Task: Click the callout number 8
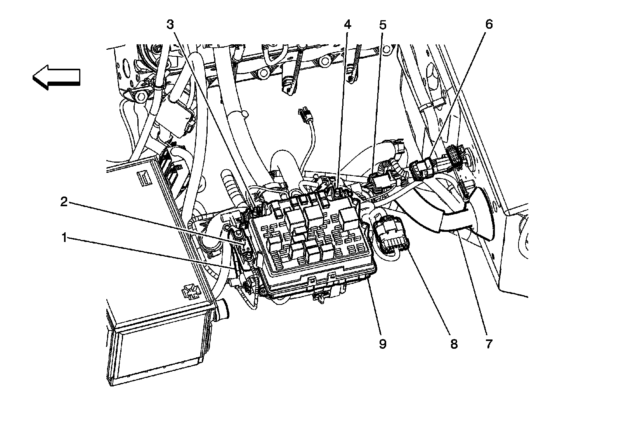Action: [x=453, y=343]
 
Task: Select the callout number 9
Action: [x=383, y=343]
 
